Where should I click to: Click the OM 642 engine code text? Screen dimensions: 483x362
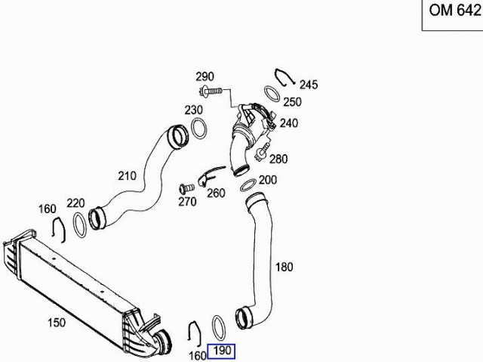pos(455,10)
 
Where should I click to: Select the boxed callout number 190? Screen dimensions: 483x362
pos(221,351)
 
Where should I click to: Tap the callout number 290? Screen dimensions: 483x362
pos(205,76)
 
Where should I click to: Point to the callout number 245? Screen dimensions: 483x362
pos(309,85)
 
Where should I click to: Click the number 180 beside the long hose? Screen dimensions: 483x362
pos(284,267)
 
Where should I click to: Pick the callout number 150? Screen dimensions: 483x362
pos(57,323)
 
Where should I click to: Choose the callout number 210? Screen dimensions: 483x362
pos(128,176)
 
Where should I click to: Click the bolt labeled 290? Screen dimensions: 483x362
pos(211,91)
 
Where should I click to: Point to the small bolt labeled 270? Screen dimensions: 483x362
pos(186,187)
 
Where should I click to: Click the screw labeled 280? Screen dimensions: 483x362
pos(261,153)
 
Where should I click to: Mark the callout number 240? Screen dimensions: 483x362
pos(289,123)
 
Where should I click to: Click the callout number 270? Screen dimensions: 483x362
pos(188,202)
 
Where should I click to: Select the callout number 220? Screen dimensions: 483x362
pos(75,203)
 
